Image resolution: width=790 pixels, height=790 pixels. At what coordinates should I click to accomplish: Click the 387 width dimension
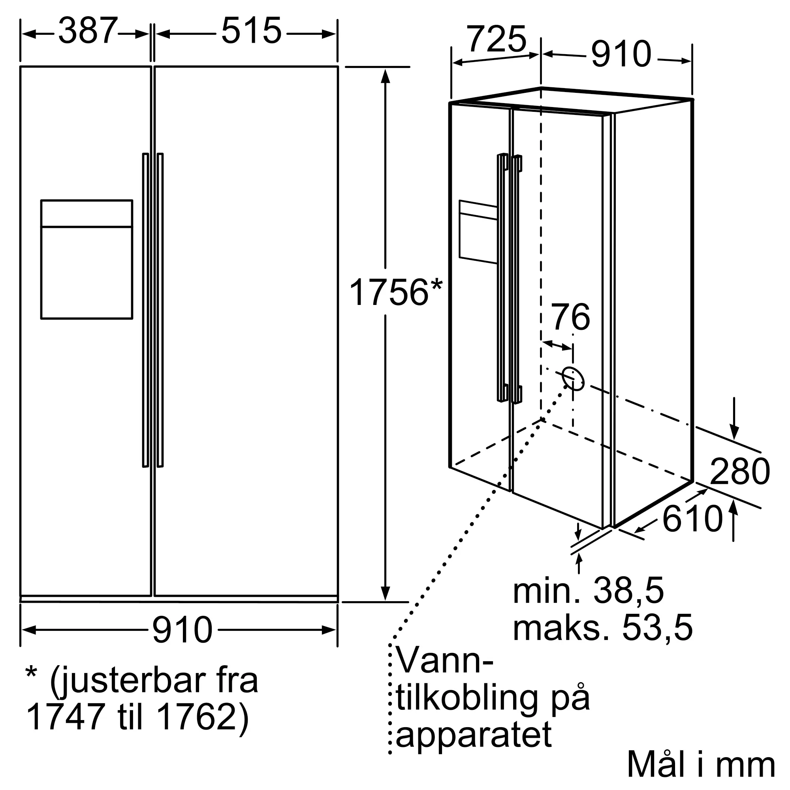(88, 31)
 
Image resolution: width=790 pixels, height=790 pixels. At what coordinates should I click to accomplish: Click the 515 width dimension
(251, 31)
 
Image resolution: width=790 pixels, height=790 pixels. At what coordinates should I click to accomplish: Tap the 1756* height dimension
(395, 292)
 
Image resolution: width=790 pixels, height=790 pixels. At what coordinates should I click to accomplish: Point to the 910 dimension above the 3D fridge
(621, 55)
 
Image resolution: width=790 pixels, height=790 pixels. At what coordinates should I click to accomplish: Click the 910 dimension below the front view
(182, 630)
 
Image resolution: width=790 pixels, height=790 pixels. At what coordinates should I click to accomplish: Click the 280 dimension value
(740, 472)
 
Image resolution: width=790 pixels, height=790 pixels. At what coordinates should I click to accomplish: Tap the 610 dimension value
(693, 519)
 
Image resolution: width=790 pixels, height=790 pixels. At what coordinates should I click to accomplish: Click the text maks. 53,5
(602, 628)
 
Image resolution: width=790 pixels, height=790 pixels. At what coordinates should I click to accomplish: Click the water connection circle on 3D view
(573, 378)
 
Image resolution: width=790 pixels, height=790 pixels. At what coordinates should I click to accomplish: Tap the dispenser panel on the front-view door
(87, 259)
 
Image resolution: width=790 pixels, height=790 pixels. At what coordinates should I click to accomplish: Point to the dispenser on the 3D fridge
(478, 231)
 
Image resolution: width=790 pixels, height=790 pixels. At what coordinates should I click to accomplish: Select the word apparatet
(474, 734)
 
